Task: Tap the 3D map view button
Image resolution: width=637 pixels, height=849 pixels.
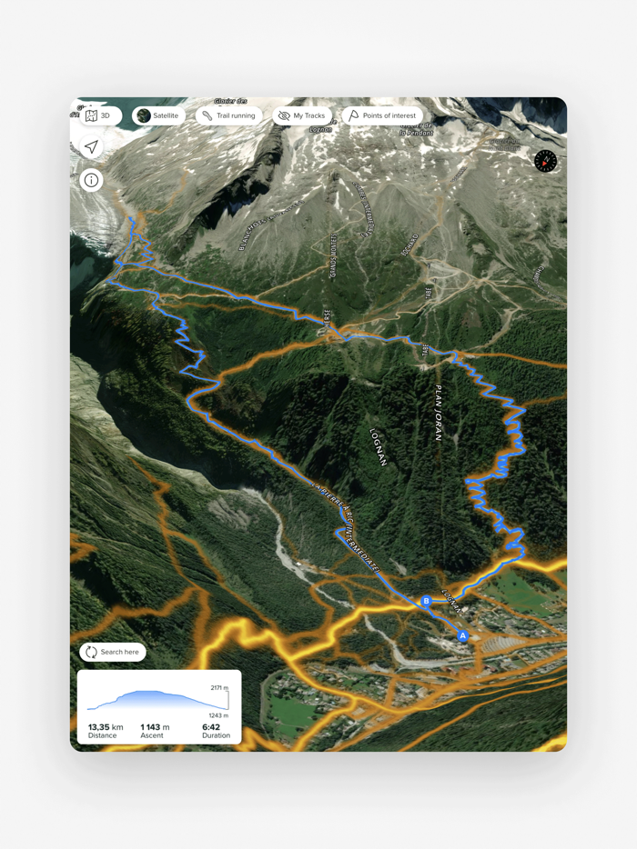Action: click(x=97, y=115)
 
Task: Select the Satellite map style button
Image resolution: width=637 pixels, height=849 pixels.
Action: click(x=158, y=115)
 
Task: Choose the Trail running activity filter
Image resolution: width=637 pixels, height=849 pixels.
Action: click(x=228, y=115)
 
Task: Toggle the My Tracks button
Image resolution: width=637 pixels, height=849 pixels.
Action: click(x=301, y=115)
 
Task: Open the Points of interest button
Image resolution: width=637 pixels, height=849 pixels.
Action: click(x=381, y=115)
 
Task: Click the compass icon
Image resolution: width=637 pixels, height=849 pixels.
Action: click(x=545, y=161)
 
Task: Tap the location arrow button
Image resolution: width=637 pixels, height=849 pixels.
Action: click(x=91, y=146)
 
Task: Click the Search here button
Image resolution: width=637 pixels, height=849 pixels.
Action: click(x=113, y=652)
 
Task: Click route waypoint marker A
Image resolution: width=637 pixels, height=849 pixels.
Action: click(x=462, y=636)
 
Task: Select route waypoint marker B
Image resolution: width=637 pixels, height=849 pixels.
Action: click(x=426, y=601)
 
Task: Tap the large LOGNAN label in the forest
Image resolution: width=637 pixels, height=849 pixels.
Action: click(x=379, y=446)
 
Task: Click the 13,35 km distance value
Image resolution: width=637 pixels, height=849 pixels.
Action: click(x=106, y=727)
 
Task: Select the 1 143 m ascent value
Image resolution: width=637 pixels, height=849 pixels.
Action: click(x=156, y=727)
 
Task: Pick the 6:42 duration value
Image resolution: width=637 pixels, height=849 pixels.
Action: click(x=211, y=727)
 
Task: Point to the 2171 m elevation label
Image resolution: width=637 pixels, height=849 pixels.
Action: click(x=218, y=688)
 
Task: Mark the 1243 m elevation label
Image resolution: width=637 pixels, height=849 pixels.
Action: click(x=218, y=715)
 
